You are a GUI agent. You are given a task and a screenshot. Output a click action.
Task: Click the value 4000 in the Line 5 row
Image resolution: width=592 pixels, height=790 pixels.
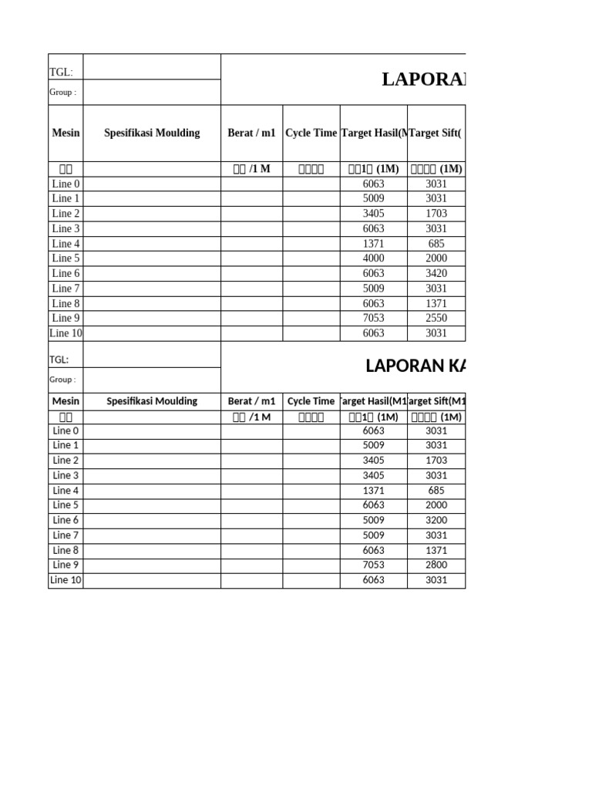(x=373, y=258)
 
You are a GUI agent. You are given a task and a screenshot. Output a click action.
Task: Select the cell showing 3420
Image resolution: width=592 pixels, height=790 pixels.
(x=436, y=273)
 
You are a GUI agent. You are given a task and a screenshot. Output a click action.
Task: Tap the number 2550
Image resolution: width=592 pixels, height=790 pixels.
(x=436, y=318)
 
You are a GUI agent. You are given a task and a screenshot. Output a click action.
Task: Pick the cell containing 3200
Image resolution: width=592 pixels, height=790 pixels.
(x=436, y=520)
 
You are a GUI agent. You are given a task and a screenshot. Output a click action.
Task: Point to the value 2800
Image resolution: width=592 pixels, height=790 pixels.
(x=436, y=565)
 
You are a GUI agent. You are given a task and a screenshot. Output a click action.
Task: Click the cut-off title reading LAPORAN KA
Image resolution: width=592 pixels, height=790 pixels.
(x=415, y=366)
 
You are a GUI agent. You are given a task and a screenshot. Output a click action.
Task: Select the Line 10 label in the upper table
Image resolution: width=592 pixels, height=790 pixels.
(x=66, y=333)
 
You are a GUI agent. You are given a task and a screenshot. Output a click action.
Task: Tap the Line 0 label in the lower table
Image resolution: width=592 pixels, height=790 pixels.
(x=66, y=430)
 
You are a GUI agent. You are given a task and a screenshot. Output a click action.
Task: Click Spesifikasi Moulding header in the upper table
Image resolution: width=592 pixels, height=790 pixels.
(x=152, y=133)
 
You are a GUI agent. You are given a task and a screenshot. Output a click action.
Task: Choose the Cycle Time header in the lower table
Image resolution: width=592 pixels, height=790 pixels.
(x=311, y=401)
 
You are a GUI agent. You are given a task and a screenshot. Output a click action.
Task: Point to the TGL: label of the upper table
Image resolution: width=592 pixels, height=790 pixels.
(x=61, y=73)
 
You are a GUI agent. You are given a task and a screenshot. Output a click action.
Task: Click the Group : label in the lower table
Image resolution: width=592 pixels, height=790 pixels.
(x=62, y=380)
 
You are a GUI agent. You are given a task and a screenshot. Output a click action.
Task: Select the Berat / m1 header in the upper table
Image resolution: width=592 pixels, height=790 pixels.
(x=251, y=133)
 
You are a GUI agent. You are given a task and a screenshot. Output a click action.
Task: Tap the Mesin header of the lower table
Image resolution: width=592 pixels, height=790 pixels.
(x=66, y=401)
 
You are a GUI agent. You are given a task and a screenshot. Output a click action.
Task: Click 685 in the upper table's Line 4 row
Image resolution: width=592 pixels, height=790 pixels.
(x=436, y=244)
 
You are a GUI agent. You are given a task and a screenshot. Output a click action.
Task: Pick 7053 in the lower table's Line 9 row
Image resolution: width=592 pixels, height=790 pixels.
(x=373, y=565)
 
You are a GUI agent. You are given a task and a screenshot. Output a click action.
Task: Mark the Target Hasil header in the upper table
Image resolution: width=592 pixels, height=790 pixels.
(x=373, y=133)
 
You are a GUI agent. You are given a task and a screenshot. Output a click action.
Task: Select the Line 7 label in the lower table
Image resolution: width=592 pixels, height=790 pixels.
(x=66, y=535)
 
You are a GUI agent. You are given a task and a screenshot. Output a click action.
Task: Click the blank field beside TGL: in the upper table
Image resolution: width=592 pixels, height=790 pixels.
(x=152, y=67)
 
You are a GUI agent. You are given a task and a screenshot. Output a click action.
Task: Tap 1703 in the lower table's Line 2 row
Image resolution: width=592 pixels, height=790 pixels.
(x=436, y=461)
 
